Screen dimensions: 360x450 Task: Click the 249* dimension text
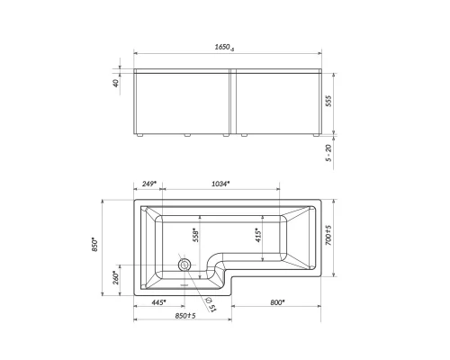point(149,184)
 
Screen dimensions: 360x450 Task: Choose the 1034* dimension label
point(220,184)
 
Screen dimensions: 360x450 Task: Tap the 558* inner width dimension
point(197,233)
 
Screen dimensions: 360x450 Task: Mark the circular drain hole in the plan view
point(184,265)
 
